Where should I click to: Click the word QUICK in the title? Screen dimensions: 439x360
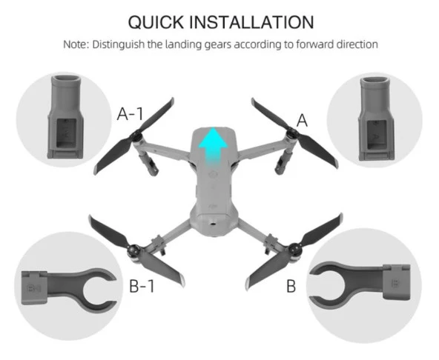pos(156,22)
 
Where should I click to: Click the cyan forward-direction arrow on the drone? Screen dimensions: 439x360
pos(213,146)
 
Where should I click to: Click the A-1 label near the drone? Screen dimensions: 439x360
pos(130,114)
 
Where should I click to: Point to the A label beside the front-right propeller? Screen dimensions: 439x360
pos(302,121)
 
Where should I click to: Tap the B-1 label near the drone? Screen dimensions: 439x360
pos(142,286)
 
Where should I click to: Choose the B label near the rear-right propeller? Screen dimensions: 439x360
pos(291,286)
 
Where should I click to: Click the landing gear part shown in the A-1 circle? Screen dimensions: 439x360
pos(65,117)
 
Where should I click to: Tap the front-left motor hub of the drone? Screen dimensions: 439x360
pos(136,137)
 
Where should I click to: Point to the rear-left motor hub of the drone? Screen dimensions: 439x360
pos(133,250)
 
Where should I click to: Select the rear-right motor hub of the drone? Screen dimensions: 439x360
pos(294,248)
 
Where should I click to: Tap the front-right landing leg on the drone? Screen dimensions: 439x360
pos(283,162)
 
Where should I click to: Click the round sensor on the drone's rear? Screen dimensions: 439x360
pos(214,224)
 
